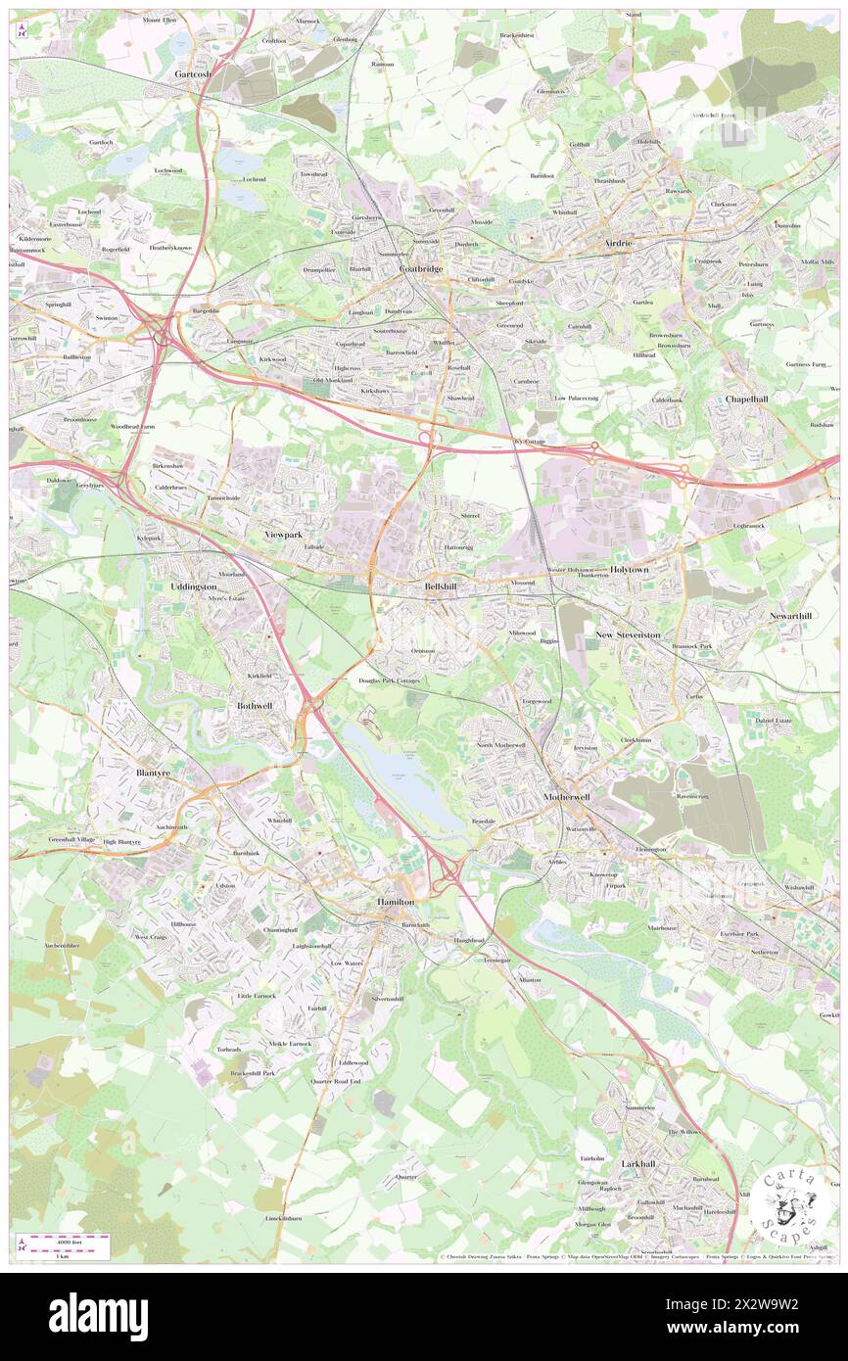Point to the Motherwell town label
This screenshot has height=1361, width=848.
point(567,797)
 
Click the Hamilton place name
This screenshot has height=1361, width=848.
point(396,901)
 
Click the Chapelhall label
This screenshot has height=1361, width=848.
point(751,399)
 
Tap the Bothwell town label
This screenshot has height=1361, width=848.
point(255,705)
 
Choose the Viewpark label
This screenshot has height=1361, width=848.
point(284,535)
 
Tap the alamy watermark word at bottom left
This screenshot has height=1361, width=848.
point(98,1317)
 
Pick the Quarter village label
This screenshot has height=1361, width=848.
point(407,1177)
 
